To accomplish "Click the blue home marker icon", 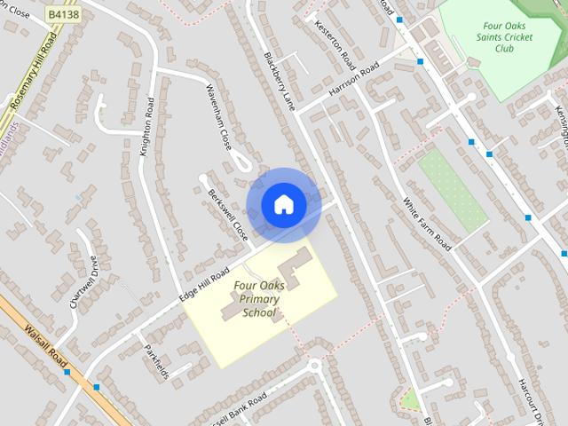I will click(283, 205).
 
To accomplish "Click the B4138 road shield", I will click(64, 15).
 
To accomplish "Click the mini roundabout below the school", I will click(314, 365).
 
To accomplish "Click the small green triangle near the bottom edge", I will click(409, 400).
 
